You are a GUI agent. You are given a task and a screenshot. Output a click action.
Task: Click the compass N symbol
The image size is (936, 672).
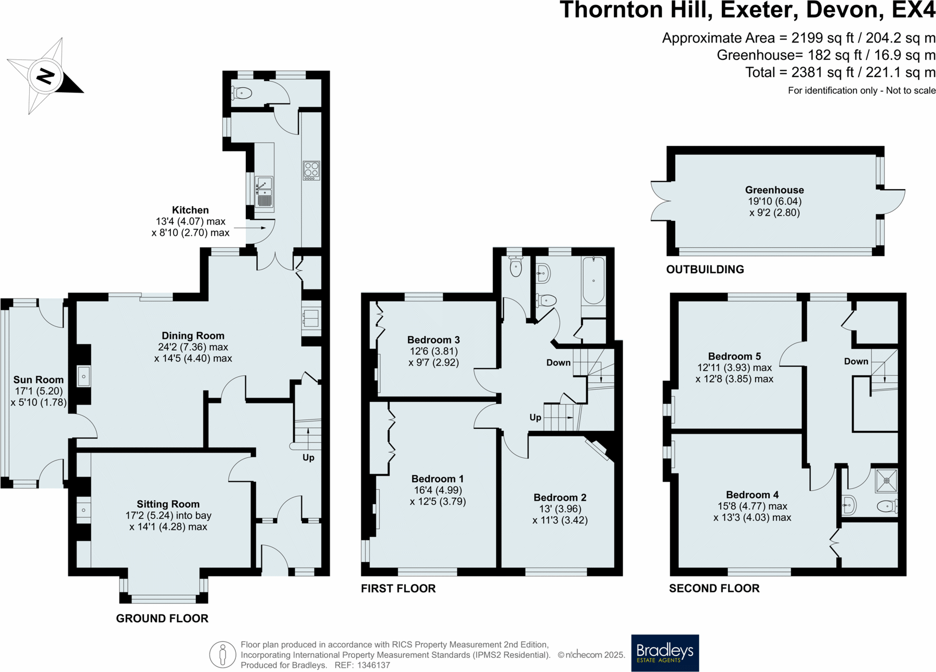46,76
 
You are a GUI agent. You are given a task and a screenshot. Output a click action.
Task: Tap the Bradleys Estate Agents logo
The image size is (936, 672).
665,653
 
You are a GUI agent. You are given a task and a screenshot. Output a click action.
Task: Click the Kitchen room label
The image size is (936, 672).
190,210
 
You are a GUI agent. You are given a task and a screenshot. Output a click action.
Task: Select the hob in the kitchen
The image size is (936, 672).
311,170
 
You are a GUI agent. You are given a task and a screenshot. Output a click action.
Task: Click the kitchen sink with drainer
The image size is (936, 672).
264,192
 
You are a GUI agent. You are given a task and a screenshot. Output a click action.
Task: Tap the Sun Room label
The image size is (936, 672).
38,380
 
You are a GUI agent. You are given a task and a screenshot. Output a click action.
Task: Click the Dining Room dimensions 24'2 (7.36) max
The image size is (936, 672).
193,347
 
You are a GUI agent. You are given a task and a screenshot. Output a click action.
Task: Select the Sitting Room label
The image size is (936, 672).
168,504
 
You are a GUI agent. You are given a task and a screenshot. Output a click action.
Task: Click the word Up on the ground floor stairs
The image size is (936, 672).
308,458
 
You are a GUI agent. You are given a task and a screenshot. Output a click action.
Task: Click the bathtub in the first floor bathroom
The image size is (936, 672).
594,281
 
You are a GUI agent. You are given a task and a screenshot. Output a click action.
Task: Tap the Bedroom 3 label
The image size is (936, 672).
433,340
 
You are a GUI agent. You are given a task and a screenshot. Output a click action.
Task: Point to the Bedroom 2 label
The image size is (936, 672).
560,497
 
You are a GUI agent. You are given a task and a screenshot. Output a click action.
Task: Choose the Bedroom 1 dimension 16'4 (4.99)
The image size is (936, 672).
438,490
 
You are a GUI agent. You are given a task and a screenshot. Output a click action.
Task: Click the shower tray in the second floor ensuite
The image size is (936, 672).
886,481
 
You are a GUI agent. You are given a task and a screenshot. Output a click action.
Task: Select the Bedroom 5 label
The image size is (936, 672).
734,357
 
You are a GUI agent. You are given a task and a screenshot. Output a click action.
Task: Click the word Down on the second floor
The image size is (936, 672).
856,361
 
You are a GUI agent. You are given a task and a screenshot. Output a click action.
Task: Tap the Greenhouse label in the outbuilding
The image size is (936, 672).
774,190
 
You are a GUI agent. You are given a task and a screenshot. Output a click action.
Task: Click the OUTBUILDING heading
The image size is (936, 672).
705,269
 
